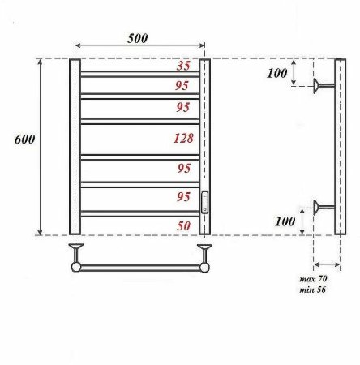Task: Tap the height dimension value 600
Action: click(24, 139)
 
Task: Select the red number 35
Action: click(183, 67)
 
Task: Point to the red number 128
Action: click(183, 139)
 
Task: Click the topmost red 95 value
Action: click(183, 84)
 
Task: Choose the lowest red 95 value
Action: click(183, 197)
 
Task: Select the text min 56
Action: click(312, 290)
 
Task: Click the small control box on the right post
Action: click(204, 202)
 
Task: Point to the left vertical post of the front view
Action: click(75, 146)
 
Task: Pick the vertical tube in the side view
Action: click(340, 146)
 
